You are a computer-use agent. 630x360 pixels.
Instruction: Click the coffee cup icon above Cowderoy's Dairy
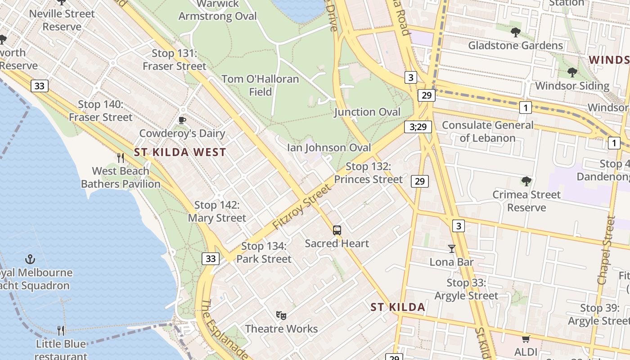tap(182, 120)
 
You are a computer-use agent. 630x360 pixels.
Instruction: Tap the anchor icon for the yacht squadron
tap(30, 259)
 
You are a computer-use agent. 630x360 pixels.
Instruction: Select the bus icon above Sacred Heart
tap(337, 230)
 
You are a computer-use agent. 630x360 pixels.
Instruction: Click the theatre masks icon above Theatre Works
tap(281, 315)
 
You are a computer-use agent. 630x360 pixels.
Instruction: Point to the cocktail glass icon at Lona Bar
tap(451, 248)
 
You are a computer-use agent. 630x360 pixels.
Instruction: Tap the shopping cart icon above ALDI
tap(526, 338)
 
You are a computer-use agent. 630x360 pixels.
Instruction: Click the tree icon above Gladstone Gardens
tap(515, 32)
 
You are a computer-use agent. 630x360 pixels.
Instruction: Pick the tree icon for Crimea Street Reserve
tap(526, 181)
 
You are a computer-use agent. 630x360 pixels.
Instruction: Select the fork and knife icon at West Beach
tap(120, 157)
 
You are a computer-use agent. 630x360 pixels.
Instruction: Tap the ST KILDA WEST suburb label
tap(180, 152)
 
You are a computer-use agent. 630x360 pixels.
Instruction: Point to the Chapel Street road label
tap(606, 250)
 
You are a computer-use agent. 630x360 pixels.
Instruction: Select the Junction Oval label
tap(367, 112)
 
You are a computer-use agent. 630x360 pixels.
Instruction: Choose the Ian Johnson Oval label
tap(329, 148)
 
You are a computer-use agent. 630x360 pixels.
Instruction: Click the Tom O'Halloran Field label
tap(260, 85)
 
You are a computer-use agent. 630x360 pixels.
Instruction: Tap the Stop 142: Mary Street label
tap(217, 211)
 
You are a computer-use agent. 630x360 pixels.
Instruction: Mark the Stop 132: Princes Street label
tap(368, 173)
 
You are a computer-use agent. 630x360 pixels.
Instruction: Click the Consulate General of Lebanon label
tap(488, 131)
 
